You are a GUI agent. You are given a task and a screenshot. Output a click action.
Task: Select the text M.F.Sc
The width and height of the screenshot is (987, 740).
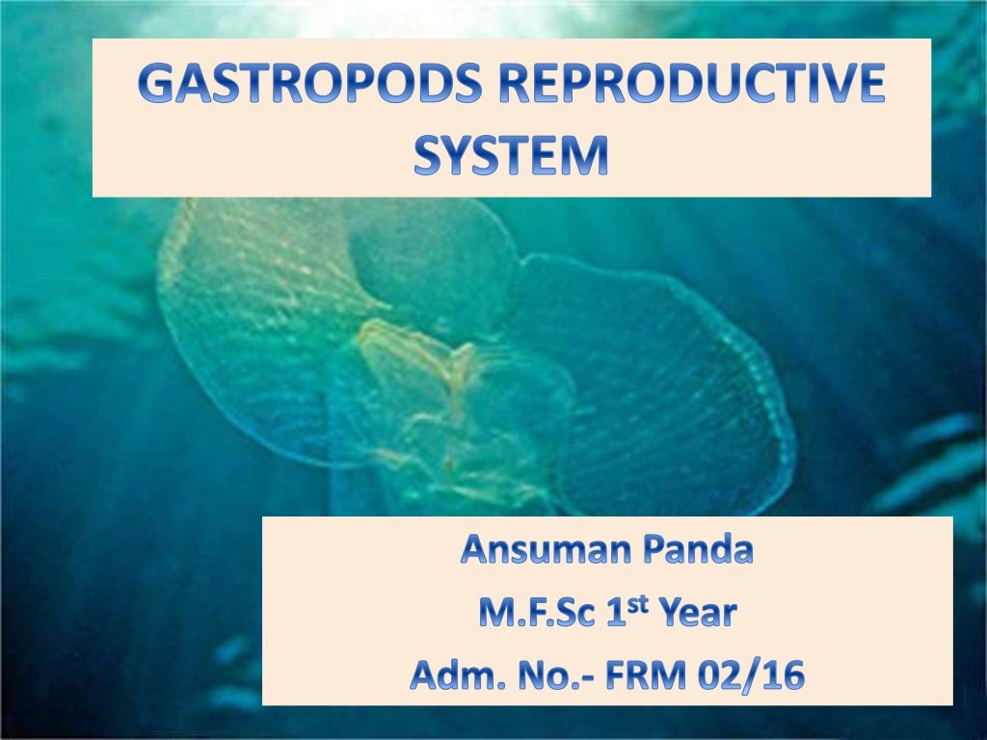point(529,614)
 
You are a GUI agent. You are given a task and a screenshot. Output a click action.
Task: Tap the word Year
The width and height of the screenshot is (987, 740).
point(695,614)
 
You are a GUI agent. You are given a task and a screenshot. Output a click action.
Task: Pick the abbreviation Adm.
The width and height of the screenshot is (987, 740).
point(449,675)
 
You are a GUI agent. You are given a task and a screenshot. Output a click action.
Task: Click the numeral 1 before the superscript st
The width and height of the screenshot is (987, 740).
point(618,614)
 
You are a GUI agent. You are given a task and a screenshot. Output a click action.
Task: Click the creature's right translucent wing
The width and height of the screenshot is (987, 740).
point(655,385)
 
